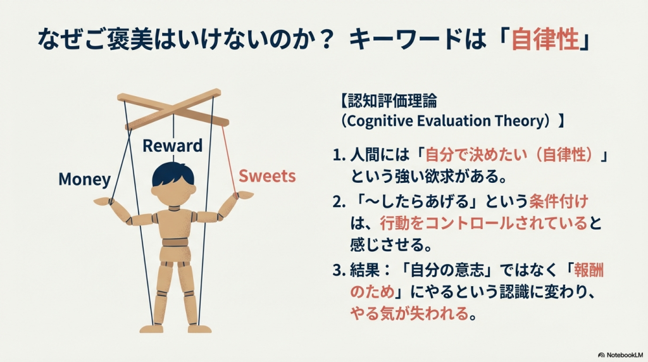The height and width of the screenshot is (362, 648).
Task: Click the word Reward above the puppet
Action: (x=172, y=146)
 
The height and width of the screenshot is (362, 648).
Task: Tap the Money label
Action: (x=85, y=179)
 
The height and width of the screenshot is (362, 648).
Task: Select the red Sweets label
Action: (x=267, y=176)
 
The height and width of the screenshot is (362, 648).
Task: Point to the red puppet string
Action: (x=229, y=159)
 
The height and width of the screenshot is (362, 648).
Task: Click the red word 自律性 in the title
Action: (x=545, y=40)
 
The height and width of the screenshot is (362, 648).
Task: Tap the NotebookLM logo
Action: (x=621, y=354)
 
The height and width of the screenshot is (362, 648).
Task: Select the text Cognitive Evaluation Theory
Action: (x=447, y=121)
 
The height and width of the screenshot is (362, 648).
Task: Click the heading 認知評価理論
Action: (x=392, y=101)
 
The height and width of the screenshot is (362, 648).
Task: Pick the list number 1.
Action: (x=339, y=155)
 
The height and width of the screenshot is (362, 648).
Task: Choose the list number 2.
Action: (x=339, y=202)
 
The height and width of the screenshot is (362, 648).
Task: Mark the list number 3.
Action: (x=339, y=271)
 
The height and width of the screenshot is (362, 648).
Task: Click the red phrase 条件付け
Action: (x=559, y=201)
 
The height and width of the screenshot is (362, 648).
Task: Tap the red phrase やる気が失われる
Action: (x=409, y=313)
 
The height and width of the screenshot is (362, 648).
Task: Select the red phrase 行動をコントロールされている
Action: (x=483, y=223)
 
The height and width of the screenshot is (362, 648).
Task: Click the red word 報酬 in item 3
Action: (x=589, y=270)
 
